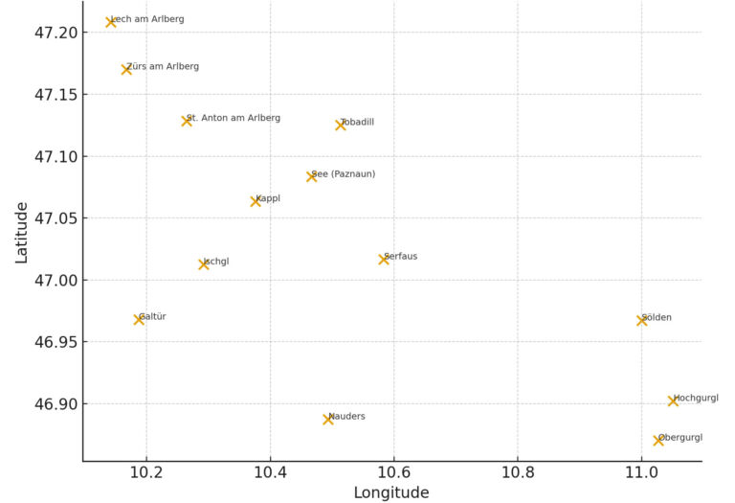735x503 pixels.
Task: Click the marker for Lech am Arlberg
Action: tap(111, 22)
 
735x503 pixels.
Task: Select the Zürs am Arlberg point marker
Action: tap(126, 69)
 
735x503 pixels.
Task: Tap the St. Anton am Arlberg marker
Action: tap(187, 121)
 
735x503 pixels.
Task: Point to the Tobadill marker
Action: tap(341, 125)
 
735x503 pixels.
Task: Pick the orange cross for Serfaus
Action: tap(384, 259)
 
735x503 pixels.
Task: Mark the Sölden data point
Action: tap(642, 320)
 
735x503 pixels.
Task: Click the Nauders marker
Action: tap(328, 419)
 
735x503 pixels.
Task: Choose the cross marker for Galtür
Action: tap(139, 319)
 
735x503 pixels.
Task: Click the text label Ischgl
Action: tap(216, 262)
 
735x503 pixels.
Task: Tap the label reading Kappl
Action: tap(268, 198)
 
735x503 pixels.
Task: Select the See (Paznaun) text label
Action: tap(344, 173)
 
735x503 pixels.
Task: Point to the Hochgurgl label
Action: tap(696, 398)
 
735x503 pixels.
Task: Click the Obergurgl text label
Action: tap(680, 438)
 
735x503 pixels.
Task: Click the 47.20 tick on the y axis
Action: tap(49, 33)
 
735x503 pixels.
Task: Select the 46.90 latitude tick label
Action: tap(49, 403)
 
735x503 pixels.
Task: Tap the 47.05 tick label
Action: tap(49, 218)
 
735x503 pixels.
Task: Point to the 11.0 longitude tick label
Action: tap(641, 473)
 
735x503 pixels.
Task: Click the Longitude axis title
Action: tap(391, 492)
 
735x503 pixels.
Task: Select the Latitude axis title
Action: tap(21, 232)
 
